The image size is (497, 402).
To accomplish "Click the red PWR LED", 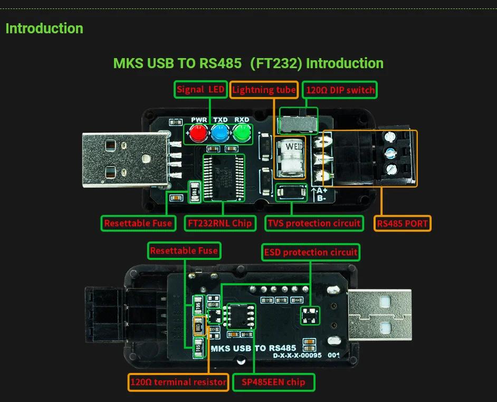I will (198, 132).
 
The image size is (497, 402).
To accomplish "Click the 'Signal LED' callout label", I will (200, 89).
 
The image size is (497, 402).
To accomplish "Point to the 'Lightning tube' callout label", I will (264, 90).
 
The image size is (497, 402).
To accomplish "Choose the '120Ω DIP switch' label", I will (340, 90).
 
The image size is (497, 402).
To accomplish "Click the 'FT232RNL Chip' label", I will (219, 223).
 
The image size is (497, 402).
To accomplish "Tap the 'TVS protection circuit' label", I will (314, 223).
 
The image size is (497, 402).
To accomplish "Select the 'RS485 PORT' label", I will (403, 223).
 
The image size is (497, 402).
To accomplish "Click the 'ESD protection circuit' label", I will (311, 252).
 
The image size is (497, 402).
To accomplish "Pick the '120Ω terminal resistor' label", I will (178, 382).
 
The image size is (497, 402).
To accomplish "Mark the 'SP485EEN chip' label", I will (273, 382).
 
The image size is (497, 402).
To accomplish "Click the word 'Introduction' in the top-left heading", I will (44, 29).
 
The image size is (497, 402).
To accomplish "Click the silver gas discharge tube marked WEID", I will (291, 156).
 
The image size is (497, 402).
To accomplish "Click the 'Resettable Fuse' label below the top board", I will (138, 223).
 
